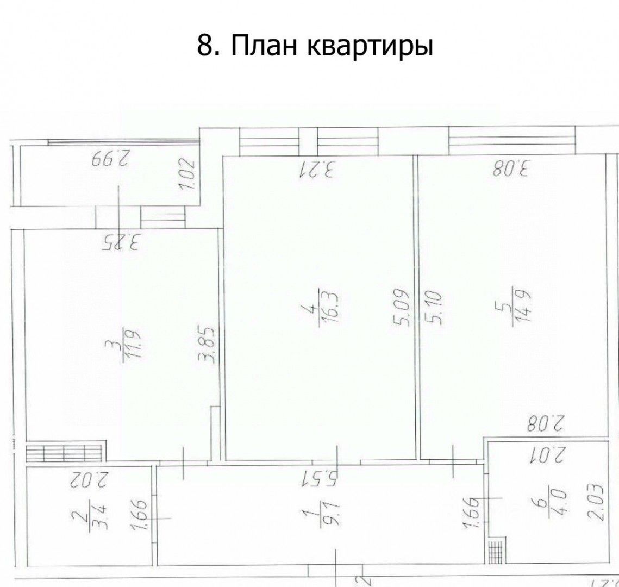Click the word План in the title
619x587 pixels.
click(x=264, y=46)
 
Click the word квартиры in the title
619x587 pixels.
click(x=371, y=48)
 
